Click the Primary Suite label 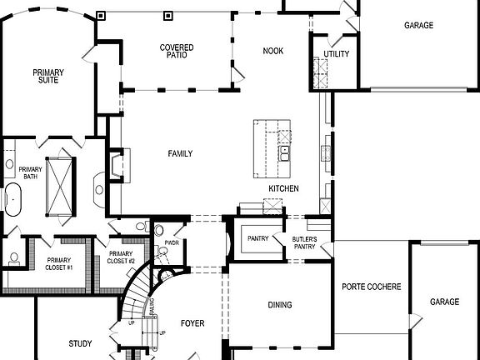[48, 77]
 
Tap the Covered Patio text [177, 52]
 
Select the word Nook [272, 52]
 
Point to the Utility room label [336, 55]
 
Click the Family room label [180, 153]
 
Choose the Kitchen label [283, 189]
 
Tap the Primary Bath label [31, 172]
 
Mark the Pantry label [257, 239]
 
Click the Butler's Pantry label [303, 242]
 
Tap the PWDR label [172, 243]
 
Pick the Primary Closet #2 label [122, 257]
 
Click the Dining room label [280, 305]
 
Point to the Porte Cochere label [372, 287]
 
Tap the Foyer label [192, 323]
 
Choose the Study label [80, 343]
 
